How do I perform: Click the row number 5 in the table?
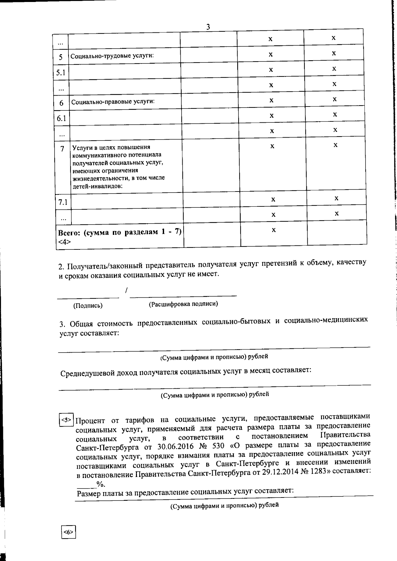(61, 57)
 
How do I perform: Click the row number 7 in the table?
(62, 149)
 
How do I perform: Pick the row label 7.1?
(63, 202)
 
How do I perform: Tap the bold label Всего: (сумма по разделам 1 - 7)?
(120, 232)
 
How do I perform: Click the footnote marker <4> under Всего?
(64, 242)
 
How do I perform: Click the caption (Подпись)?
(88, 306)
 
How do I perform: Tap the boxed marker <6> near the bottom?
(68, 532)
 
